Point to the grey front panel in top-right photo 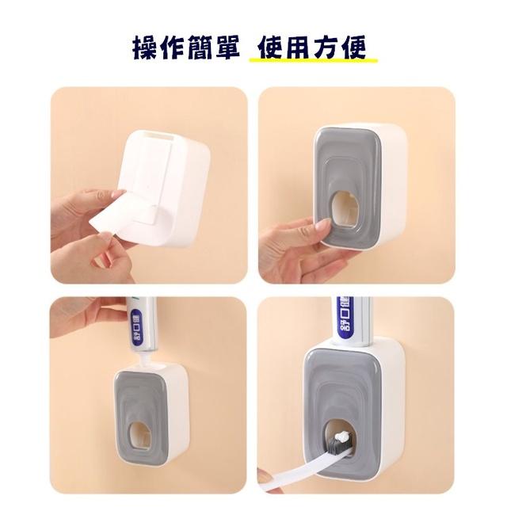pyautogui.click(x=353, y=158)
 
